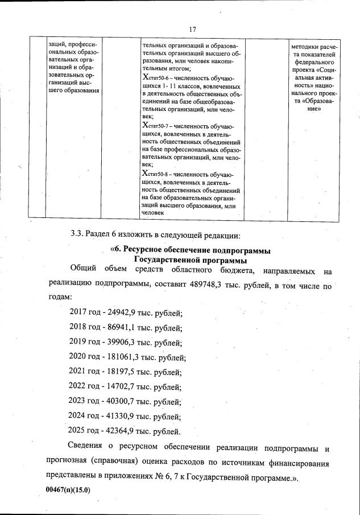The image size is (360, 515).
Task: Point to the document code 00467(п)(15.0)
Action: click(68, 489)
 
